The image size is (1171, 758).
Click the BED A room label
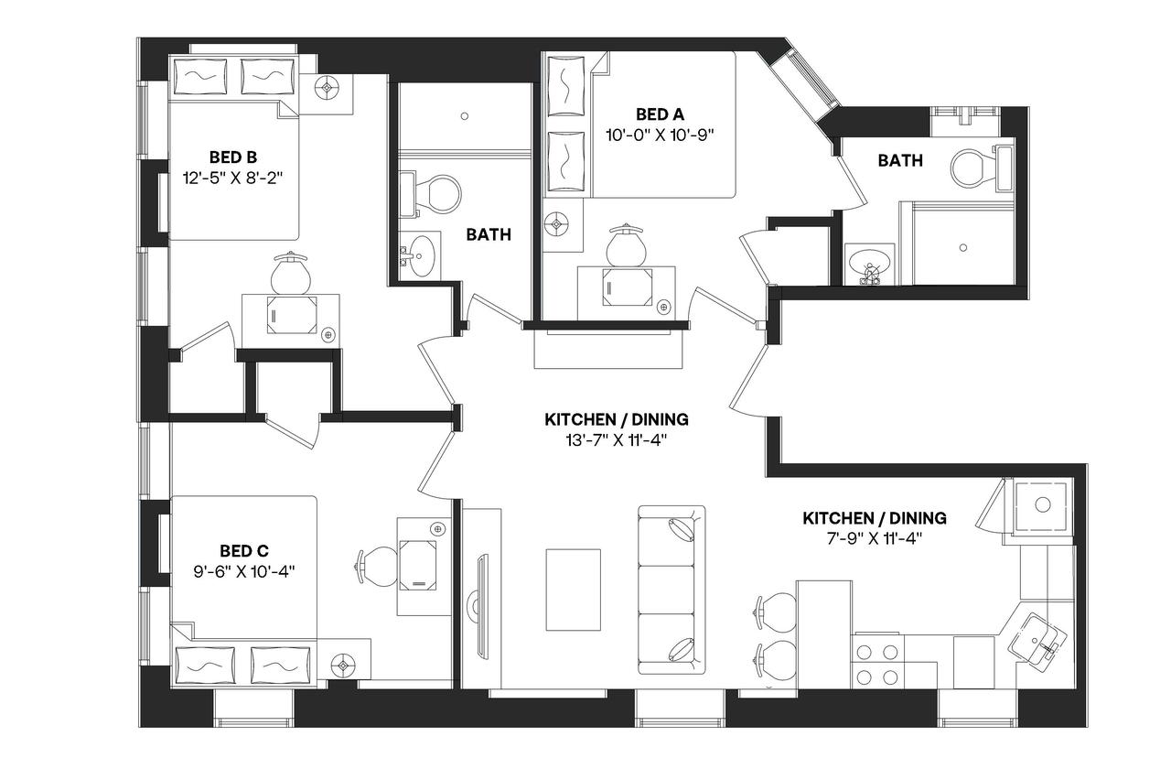[x=660, y=114]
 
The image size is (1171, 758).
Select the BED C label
[x=244, y=550]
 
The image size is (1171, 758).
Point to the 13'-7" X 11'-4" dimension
[x=617, y=440]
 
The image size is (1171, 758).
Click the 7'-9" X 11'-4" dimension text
[x=875, y=538]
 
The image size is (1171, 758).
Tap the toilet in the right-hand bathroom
[x=972, y=168]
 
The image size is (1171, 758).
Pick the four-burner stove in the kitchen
[x=876, y=664]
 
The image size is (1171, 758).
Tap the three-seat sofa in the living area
[x=671, y=588]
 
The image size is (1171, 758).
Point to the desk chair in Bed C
[x=374, y=564]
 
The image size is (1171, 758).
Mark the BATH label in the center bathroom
[x=489, y=235]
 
